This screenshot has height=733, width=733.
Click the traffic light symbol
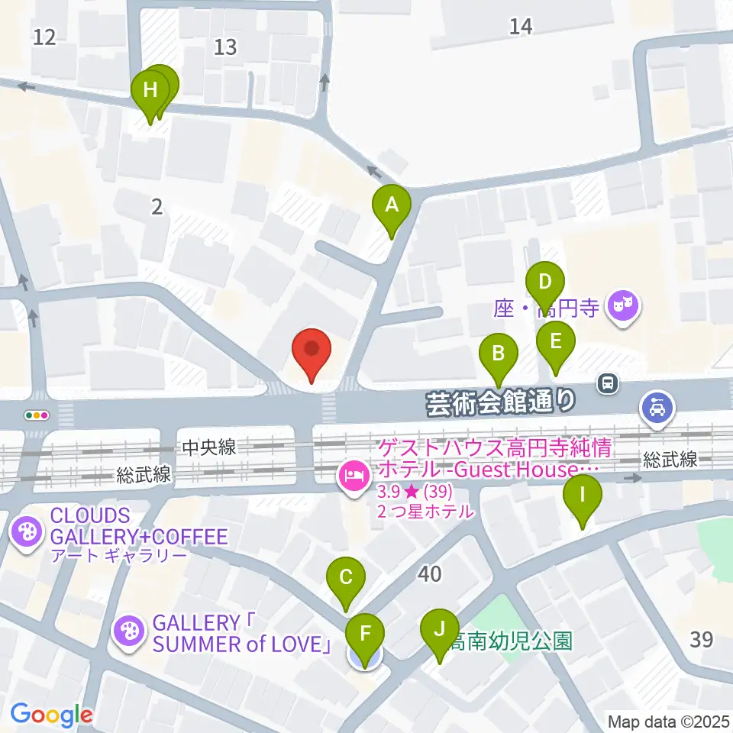(x=37, y=415)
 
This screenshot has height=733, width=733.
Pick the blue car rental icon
(x=657, y=407)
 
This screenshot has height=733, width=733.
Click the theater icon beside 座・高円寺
(x=624, y=308)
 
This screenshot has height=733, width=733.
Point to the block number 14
(x=521, y=27)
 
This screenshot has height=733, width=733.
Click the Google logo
(x=51, y=715)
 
